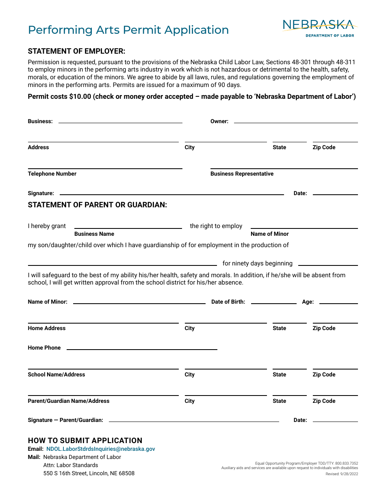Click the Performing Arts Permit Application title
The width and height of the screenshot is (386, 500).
click(128, 30)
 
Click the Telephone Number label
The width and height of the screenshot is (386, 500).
click(52, 174)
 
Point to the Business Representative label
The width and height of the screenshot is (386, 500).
click(242, 174)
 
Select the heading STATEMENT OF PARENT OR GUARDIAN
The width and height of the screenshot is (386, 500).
click(97, 205)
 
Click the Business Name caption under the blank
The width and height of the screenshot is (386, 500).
click(94, 234)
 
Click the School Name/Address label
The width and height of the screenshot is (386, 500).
click(56, 374)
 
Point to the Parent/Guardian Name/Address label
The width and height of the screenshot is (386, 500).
click(68, 401)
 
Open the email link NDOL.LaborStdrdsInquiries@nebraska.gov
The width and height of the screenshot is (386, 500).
click(100, 449)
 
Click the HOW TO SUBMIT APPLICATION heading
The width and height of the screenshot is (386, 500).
click(85, 441)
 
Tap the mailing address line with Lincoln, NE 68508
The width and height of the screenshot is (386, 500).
click(89, 473)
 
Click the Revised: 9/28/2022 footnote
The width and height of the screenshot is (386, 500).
click(341, 474)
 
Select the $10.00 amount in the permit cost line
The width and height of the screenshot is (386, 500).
click(80, 97)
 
